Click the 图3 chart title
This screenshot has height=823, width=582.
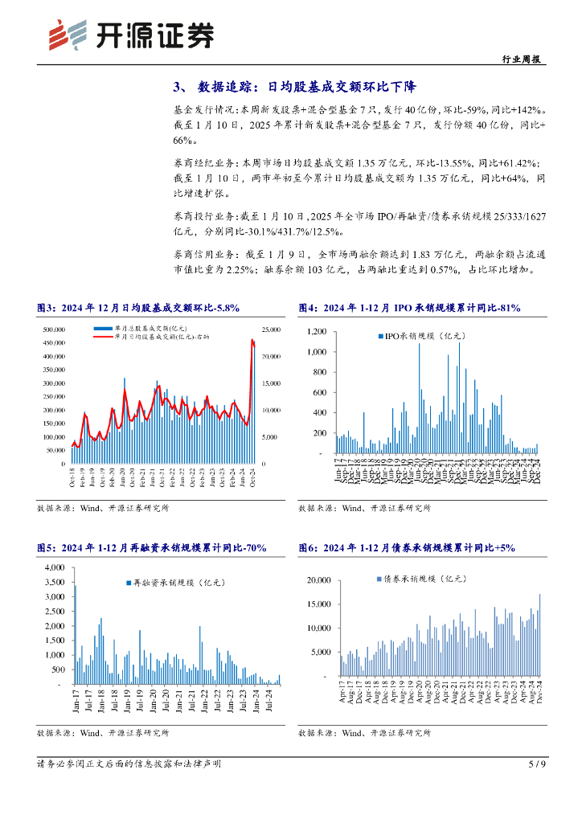pyautogui.click(x=138, y=307)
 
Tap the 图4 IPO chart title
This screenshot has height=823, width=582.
pyautogui.click(x=409, y=307)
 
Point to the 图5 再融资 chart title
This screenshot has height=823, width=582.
pyautogui.click(x=152, y=547)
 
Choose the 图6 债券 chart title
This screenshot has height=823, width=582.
pyautogui.click(x=406, y=547)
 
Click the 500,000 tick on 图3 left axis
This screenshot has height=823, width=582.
pyautogui.click(x=54, y=330)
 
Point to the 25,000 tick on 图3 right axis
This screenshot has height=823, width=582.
pyautogui.click(x=270, y=330)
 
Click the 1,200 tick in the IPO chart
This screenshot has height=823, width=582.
pyautogui.click(x=315, y=331)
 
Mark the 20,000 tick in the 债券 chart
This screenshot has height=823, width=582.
pyautogui.click(x=319, y=579)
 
